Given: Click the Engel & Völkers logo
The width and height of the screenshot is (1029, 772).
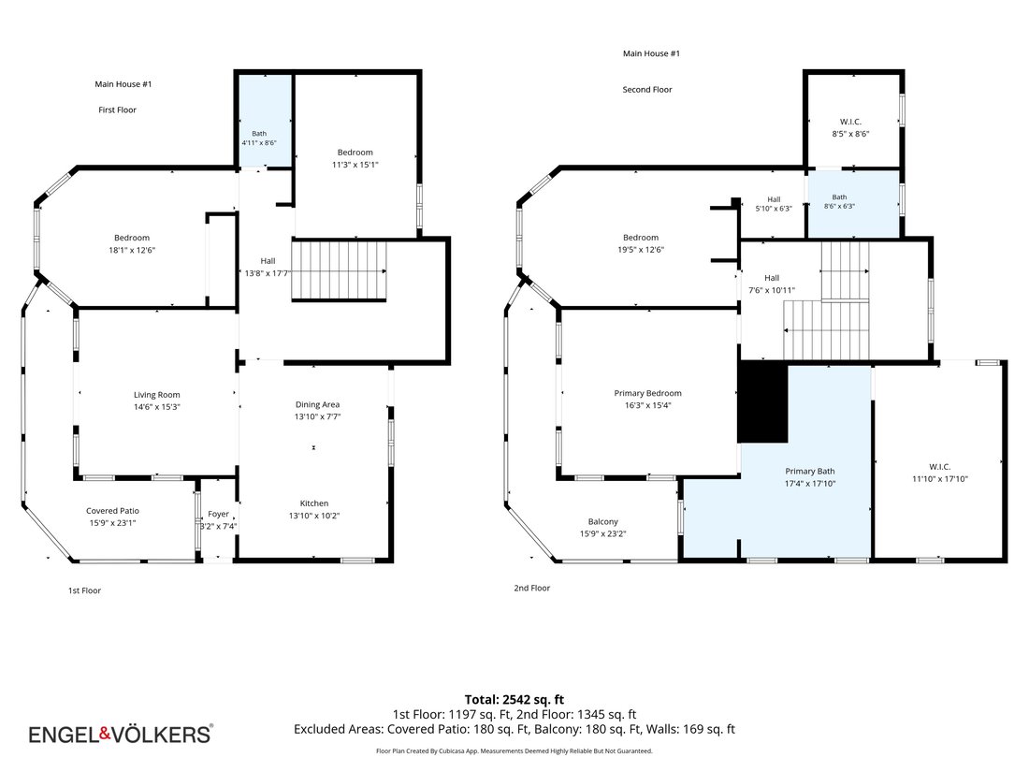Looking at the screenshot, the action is (x=121, y=734).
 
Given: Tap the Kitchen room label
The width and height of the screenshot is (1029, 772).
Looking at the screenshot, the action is (x=314, y=503).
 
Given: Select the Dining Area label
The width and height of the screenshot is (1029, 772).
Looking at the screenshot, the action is (x=318, y=404).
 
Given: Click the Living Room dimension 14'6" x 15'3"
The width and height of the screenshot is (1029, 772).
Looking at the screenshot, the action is (x=157, y=407).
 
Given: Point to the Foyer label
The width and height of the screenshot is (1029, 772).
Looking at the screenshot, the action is (x=219, y=514).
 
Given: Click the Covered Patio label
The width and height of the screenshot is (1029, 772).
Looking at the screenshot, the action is (x=112, y=511).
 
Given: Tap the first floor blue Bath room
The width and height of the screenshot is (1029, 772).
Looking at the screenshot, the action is (x=265, y=121).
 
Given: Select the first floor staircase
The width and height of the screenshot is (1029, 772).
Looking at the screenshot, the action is (x=339, y=270).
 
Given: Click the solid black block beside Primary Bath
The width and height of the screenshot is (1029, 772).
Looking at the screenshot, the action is (x=762, y=401).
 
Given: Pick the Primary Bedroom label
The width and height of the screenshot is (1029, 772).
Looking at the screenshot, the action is (x=647, y=393).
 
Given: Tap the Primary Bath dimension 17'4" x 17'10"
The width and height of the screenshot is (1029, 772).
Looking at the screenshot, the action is (x=810, y=484).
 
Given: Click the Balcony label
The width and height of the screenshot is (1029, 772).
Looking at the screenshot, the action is (x=603, y=522).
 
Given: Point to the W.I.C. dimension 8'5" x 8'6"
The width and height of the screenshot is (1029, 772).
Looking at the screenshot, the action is (x=850, y=134).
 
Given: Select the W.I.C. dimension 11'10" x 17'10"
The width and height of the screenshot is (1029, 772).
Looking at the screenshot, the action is (x=940, y=479).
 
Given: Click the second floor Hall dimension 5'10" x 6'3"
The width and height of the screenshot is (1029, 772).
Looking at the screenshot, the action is (x=774, y=209).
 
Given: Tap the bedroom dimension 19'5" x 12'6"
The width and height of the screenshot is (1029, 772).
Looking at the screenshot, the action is (x=641, y=250).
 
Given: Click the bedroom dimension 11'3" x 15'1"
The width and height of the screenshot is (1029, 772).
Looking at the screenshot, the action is (x=355, y=165).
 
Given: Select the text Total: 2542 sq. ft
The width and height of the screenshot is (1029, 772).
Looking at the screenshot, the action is (x=514, y=700).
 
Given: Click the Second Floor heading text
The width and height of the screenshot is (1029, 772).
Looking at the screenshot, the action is (x=647, y=89).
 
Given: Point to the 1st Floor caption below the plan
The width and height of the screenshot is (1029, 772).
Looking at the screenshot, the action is (x=84, y=590).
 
